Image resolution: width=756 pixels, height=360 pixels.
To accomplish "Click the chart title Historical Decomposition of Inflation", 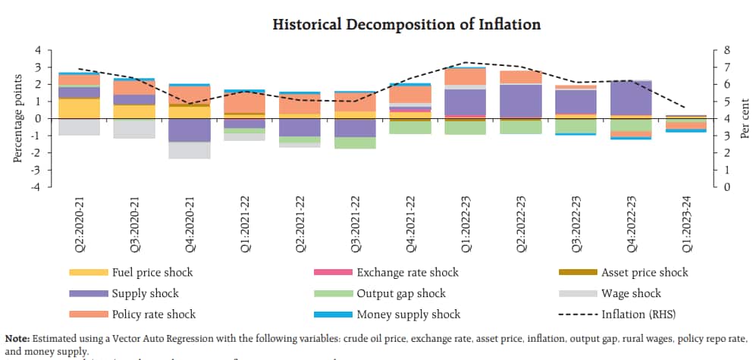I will [406, 24].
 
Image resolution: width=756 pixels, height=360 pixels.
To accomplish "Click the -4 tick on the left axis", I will [37, 186].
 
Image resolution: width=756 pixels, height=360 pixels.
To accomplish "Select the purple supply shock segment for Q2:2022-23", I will [520, 101].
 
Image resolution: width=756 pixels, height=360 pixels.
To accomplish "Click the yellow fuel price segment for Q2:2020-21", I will [80, 108].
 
